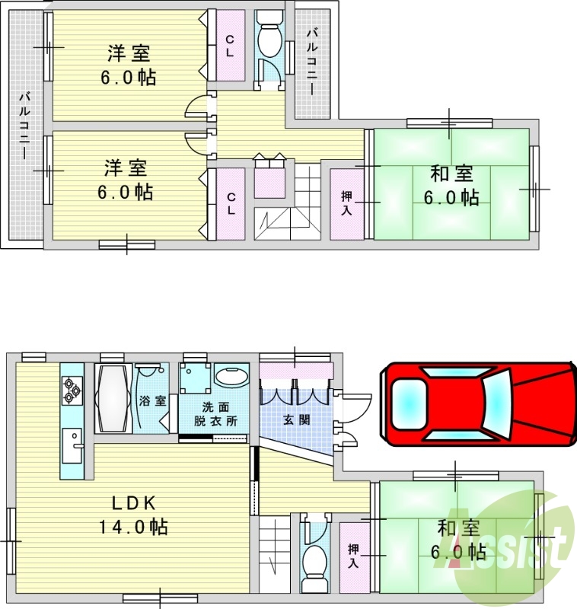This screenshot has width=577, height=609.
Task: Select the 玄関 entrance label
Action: tap(296, 419)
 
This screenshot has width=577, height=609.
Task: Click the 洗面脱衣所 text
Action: tap(214, 413)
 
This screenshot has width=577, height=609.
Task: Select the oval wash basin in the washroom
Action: tap(231, 377)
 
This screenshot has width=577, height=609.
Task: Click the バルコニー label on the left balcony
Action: tap(25, 125)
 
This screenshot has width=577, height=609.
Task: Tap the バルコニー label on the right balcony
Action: tap(313, 61)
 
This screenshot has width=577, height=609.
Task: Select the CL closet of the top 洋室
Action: tap(229, 47)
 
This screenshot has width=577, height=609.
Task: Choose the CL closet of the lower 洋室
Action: tap(229, 202)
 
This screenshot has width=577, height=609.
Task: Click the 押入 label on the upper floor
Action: tap(346, 204)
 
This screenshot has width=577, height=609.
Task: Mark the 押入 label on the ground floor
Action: tap(354, 556)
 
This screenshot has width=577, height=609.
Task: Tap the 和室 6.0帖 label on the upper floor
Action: tap(452, 186)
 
